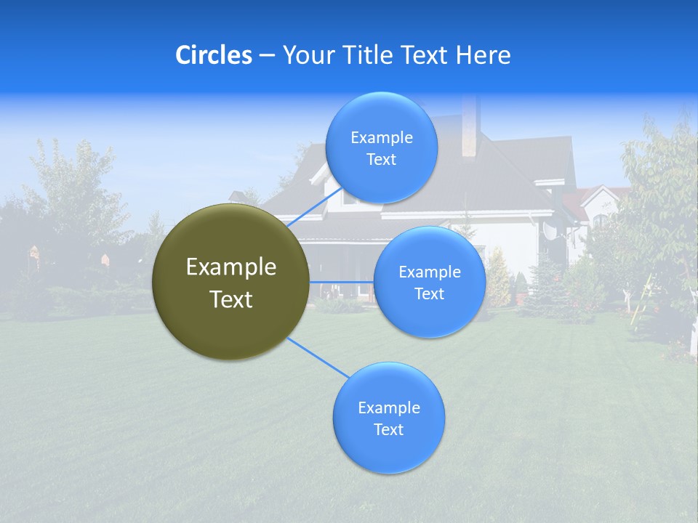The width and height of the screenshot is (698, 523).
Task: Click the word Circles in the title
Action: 214,55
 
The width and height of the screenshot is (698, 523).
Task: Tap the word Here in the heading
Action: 483,55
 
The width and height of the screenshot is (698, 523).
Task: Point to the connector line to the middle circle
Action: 342,281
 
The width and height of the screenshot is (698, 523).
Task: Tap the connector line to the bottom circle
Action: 317,357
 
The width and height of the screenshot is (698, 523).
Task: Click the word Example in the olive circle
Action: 231,267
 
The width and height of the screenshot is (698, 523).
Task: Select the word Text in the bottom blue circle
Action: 388,430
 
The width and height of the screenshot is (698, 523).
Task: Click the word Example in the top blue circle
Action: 381,138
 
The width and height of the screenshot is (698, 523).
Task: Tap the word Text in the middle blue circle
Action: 429,294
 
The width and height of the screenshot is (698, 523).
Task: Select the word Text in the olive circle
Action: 231,299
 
